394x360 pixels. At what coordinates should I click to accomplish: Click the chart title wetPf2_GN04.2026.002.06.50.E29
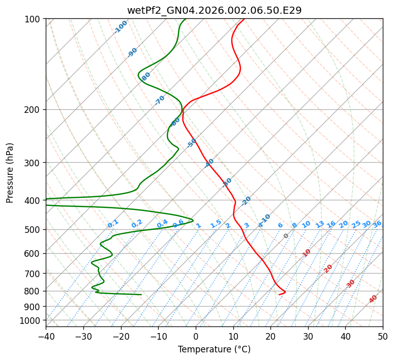coord(214,10)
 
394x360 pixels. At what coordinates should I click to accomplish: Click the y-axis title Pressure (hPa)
coord(10,173)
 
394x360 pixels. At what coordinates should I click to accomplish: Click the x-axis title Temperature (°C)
coord(214,349)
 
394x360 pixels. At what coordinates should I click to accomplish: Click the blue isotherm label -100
coord(121,27)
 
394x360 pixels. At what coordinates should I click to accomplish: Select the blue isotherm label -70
coord(160,100)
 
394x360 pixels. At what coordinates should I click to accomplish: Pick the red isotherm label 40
coord(373,299)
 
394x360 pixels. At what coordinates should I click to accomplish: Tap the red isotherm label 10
coord(306,253)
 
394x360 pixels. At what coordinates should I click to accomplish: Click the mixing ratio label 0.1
coord(113,224)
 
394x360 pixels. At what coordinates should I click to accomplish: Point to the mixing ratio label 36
coord(377,224)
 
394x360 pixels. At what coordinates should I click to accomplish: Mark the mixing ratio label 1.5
coord(216,224)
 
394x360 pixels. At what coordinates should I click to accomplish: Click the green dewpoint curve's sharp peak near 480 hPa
coord(193,220)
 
